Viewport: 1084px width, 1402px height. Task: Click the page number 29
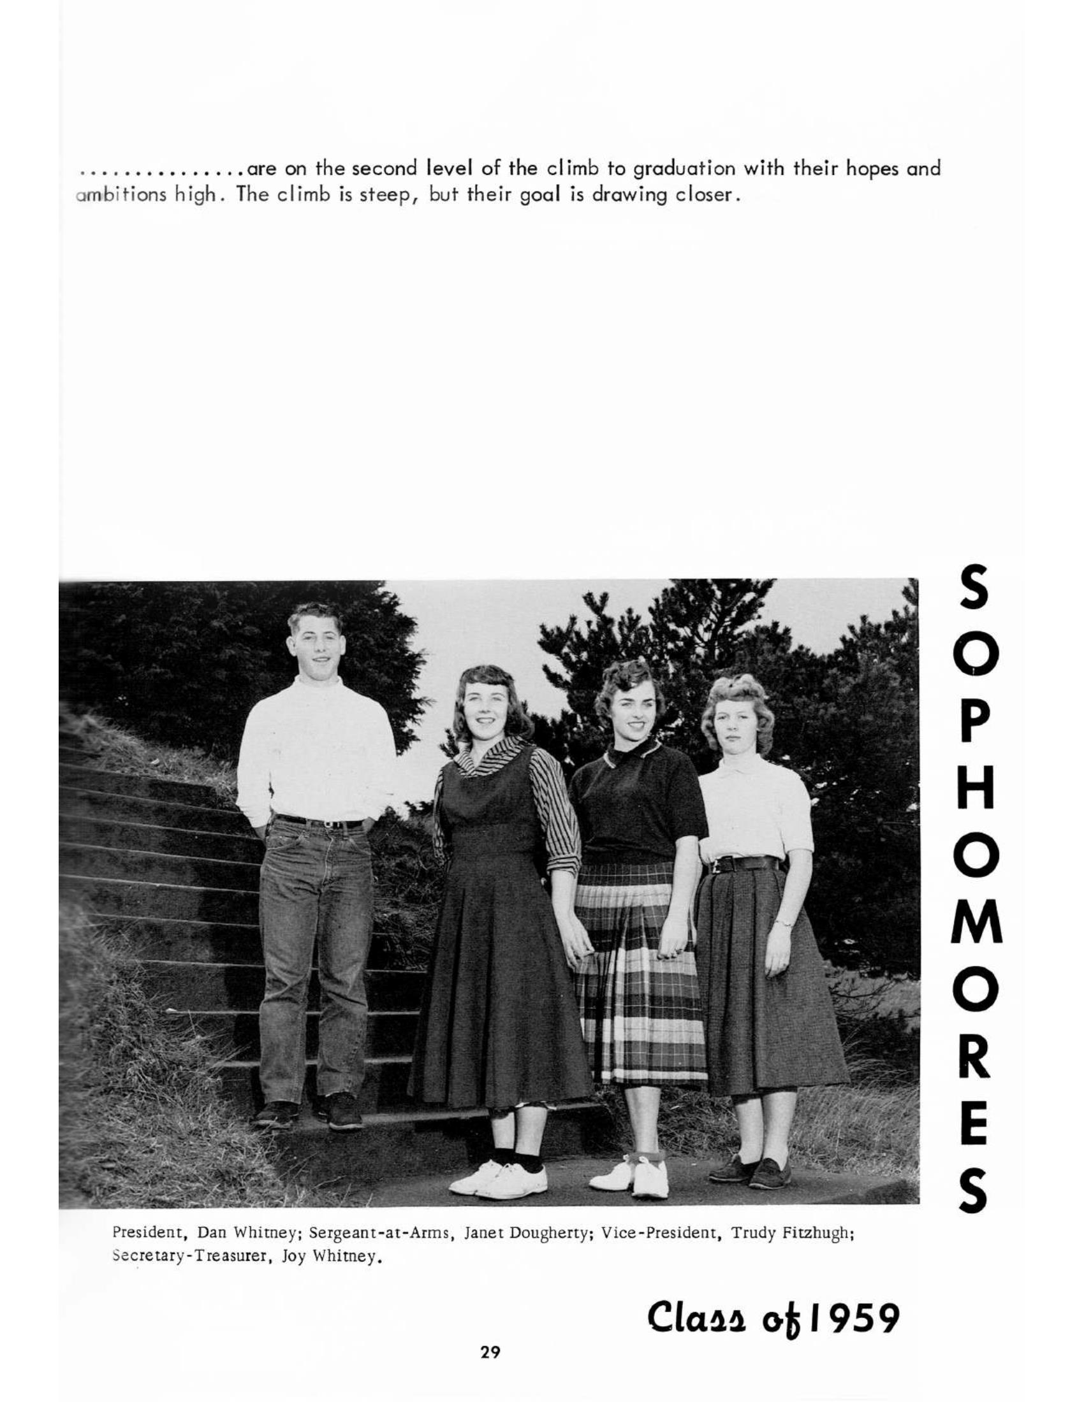tap(490, 1352)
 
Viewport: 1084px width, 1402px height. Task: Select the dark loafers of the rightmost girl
tap(751, 1172)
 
